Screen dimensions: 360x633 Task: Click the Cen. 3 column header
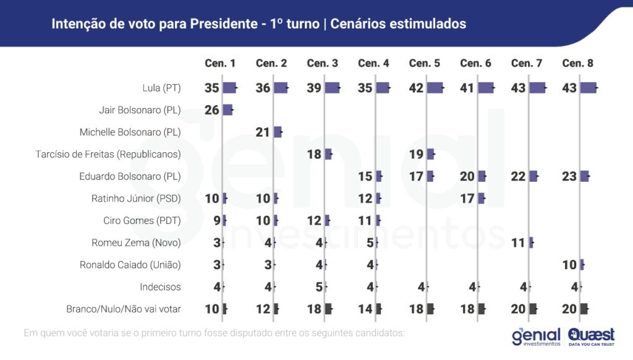322,63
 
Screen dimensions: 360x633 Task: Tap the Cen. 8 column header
577,63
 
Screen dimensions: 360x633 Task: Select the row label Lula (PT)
161,88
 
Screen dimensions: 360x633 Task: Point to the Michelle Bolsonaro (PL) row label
130,132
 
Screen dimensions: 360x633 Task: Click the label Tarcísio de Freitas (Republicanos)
108,154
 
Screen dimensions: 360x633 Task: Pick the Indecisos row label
160,287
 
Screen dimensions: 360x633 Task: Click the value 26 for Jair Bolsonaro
212,110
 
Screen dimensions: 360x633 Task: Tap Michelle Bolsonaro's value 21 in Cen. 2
263,132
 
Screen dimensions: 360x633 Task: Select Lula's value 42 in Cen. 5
416,88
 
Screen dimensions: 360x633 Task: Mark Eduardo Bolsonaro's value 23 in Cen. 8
569,176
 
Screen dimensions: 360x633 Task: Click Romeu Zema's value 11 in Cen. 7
518,242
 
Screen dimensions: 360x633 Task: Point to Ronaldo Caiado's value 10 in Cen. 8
569,265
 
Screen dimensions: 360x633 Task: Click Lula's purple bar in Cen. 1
230,88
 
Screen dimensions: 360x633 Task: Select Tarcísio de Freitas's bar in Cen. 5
431,154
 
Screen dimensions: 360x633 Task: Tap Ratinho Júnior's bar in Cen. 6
482,199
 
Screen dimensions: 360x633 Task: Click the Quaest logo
591,336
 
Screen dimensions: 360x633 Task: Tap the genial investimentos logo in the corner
536,336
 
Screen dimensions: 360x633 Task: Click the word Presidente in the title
221,24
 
